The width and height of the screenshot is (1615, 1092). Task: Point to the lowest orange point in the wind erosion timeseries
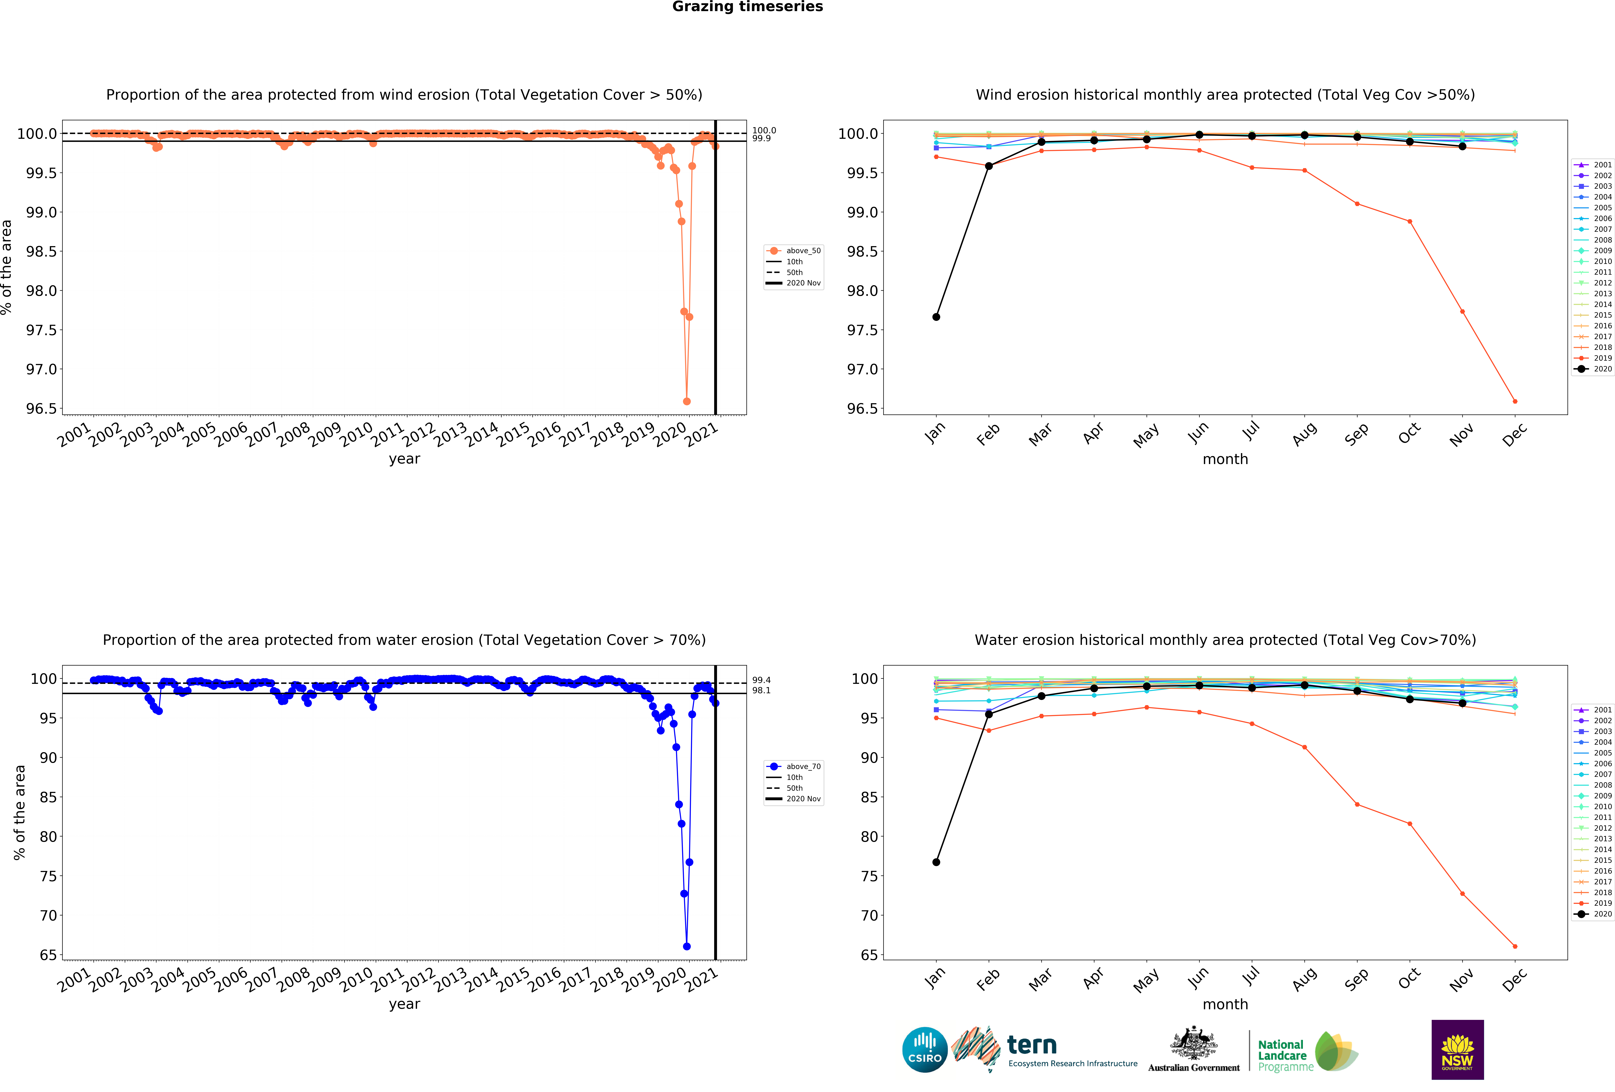[687, 401]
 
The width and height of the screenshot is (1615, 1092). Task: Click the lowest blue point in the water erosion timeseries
[687, 946]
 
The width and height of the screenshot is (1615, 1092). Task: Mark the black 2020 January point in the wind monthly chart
[936, 317]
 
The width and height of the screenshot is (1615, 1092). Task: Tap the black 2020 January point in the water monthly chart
[936, 862]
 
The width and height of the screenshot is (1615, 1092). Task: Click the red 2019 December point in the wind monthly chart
[1515, 401]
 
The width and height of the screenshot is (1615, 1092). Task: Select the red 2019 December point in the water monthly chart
[1515, 946]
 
